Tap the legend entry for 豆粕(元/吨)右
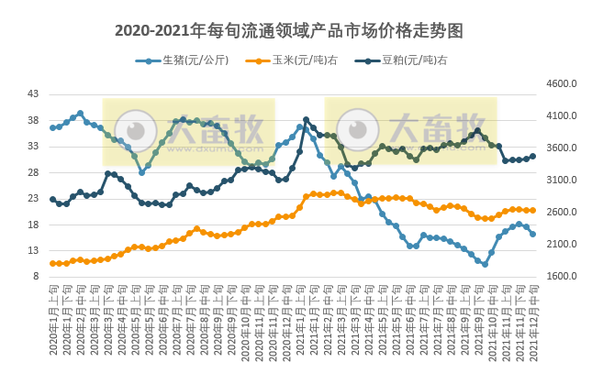pyautogui.click(x=414, y=61)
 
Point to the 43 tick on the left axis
pyautogui.click(x=33, y=94)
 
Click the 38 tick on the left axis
pyautogui.click(x=33, y=121)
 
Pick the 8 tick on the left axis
pyautogui.click(x=36, y=277)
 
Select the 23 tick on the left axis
pyautogui.click(x=33, y=199)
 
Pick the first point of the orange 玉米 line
pyautogui.click(x=52, y=263)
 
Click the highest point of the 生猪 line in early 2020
pyautogui.click(x=80, y=114)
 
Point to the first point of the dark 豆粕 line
pyautogui.click(x=52, y=199)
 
